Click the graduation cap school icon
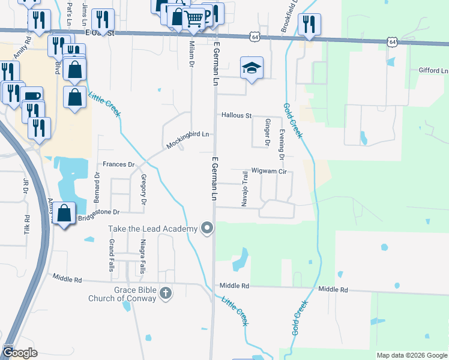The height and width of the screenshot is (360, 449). coord(252,68)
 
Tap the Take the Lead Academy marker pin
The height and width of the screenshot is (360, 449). coord(208,228)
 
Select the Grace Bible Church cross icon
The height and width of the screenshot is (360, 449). coord(166,293)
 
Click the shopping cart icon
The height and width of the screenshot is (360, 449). coord(193,18)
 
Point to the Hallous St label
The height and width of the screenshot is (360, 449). coord(236,115)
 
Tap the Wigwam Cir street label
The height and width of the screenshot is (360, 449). coord(270,171)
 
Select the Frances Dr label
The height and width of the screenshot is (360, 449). coord(118,164)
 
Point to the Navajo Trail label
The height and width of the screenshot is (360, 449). coord(245,188)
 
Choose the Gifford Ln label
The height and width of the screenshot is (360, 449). coord(433,71)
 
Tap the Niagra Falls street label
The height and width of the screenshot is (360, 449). coord(142,256)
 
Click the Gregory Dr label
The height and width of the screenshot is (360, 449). coord(143,189)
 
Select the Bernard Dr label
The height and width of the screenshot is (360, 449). coord(96,187)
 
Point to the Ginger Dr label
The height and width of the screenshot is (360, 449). coord(267,133)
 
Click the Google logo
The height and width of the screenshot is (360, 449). coord(20,352)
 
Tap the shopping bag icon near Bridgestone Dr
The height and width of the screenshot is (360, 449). coord(64,212)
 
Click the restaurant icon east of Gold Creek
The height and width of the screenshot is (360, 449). coord(309,24)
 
